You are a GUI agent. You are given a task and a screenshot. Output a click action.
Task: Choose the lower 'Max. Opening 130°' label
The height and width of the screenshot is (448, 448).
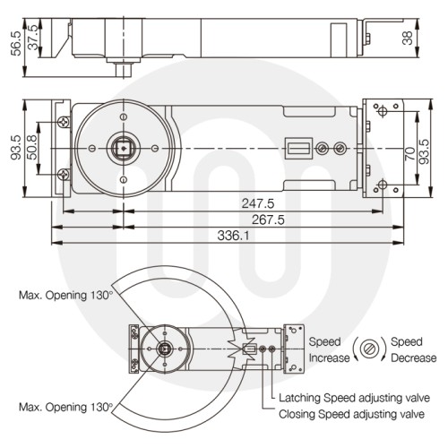pyautogui.click(x=67, y=406)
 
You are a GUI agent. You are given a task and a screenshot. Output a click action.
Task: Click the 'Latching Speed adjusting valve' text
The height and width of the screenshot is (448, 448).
pyautogui.click(x=354, y=399)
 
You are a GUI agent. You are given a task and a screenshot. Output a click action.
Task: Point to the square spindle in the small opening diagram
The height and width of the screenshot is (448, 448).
pyautogui.click(x=164, y=349)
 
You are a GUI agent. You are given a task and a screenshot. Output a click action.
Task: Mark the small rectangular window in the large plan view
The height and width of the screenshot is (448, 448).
pyautogui.click(x=299, y=148)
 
